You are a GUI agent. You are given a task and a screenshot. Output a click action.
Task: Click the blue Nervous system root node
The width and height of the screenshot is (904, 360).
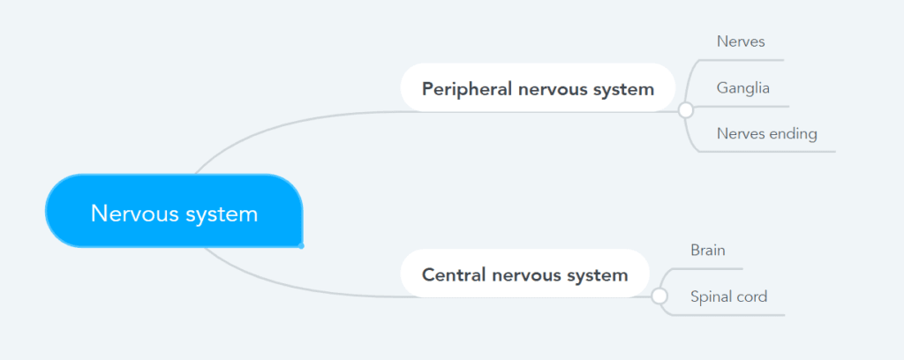click(174, 211)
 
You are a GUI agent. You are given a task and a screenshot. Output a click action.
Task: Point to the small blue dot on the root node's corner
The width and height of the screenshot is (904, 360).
click(301, 246)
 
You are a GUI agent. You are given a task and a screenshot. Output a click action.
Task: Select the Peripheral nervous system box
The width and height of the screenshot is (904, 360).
click(538, 87)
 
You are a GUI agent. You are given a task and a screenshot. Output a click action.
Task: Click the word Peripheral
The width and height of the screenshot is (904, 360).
click(467, 90)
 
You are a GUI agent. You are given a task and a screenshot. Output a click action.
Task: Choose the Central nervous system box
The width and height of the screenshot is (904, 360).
click(524, 274)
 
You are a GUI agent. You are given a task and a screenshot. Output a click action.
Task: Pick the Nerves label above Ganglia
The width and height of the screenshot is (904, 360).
click(741, 41)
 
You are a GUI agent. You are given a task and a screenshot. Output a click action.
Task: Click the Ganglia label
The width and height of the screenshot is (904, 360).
click(743, 88)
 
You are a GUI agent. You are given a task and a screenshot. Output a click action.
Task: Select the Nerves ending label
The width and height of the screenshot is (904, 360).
click(767, 134)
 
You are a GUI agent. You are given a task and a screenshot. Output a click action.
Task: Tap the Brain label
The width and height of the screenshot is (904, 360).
click(708, 251)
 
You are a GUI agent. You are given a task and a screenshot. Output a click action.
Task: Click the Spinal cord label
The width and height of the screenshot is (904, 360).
click(728, 297)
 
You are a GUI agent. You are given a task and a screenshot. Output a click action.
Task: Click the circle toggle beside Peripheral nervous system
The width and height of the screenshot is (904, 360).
click(685, 110)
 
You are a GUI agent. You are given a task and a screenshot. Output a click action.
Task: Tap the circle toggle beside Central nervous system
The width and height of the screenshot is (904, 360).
click(659, 296)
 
